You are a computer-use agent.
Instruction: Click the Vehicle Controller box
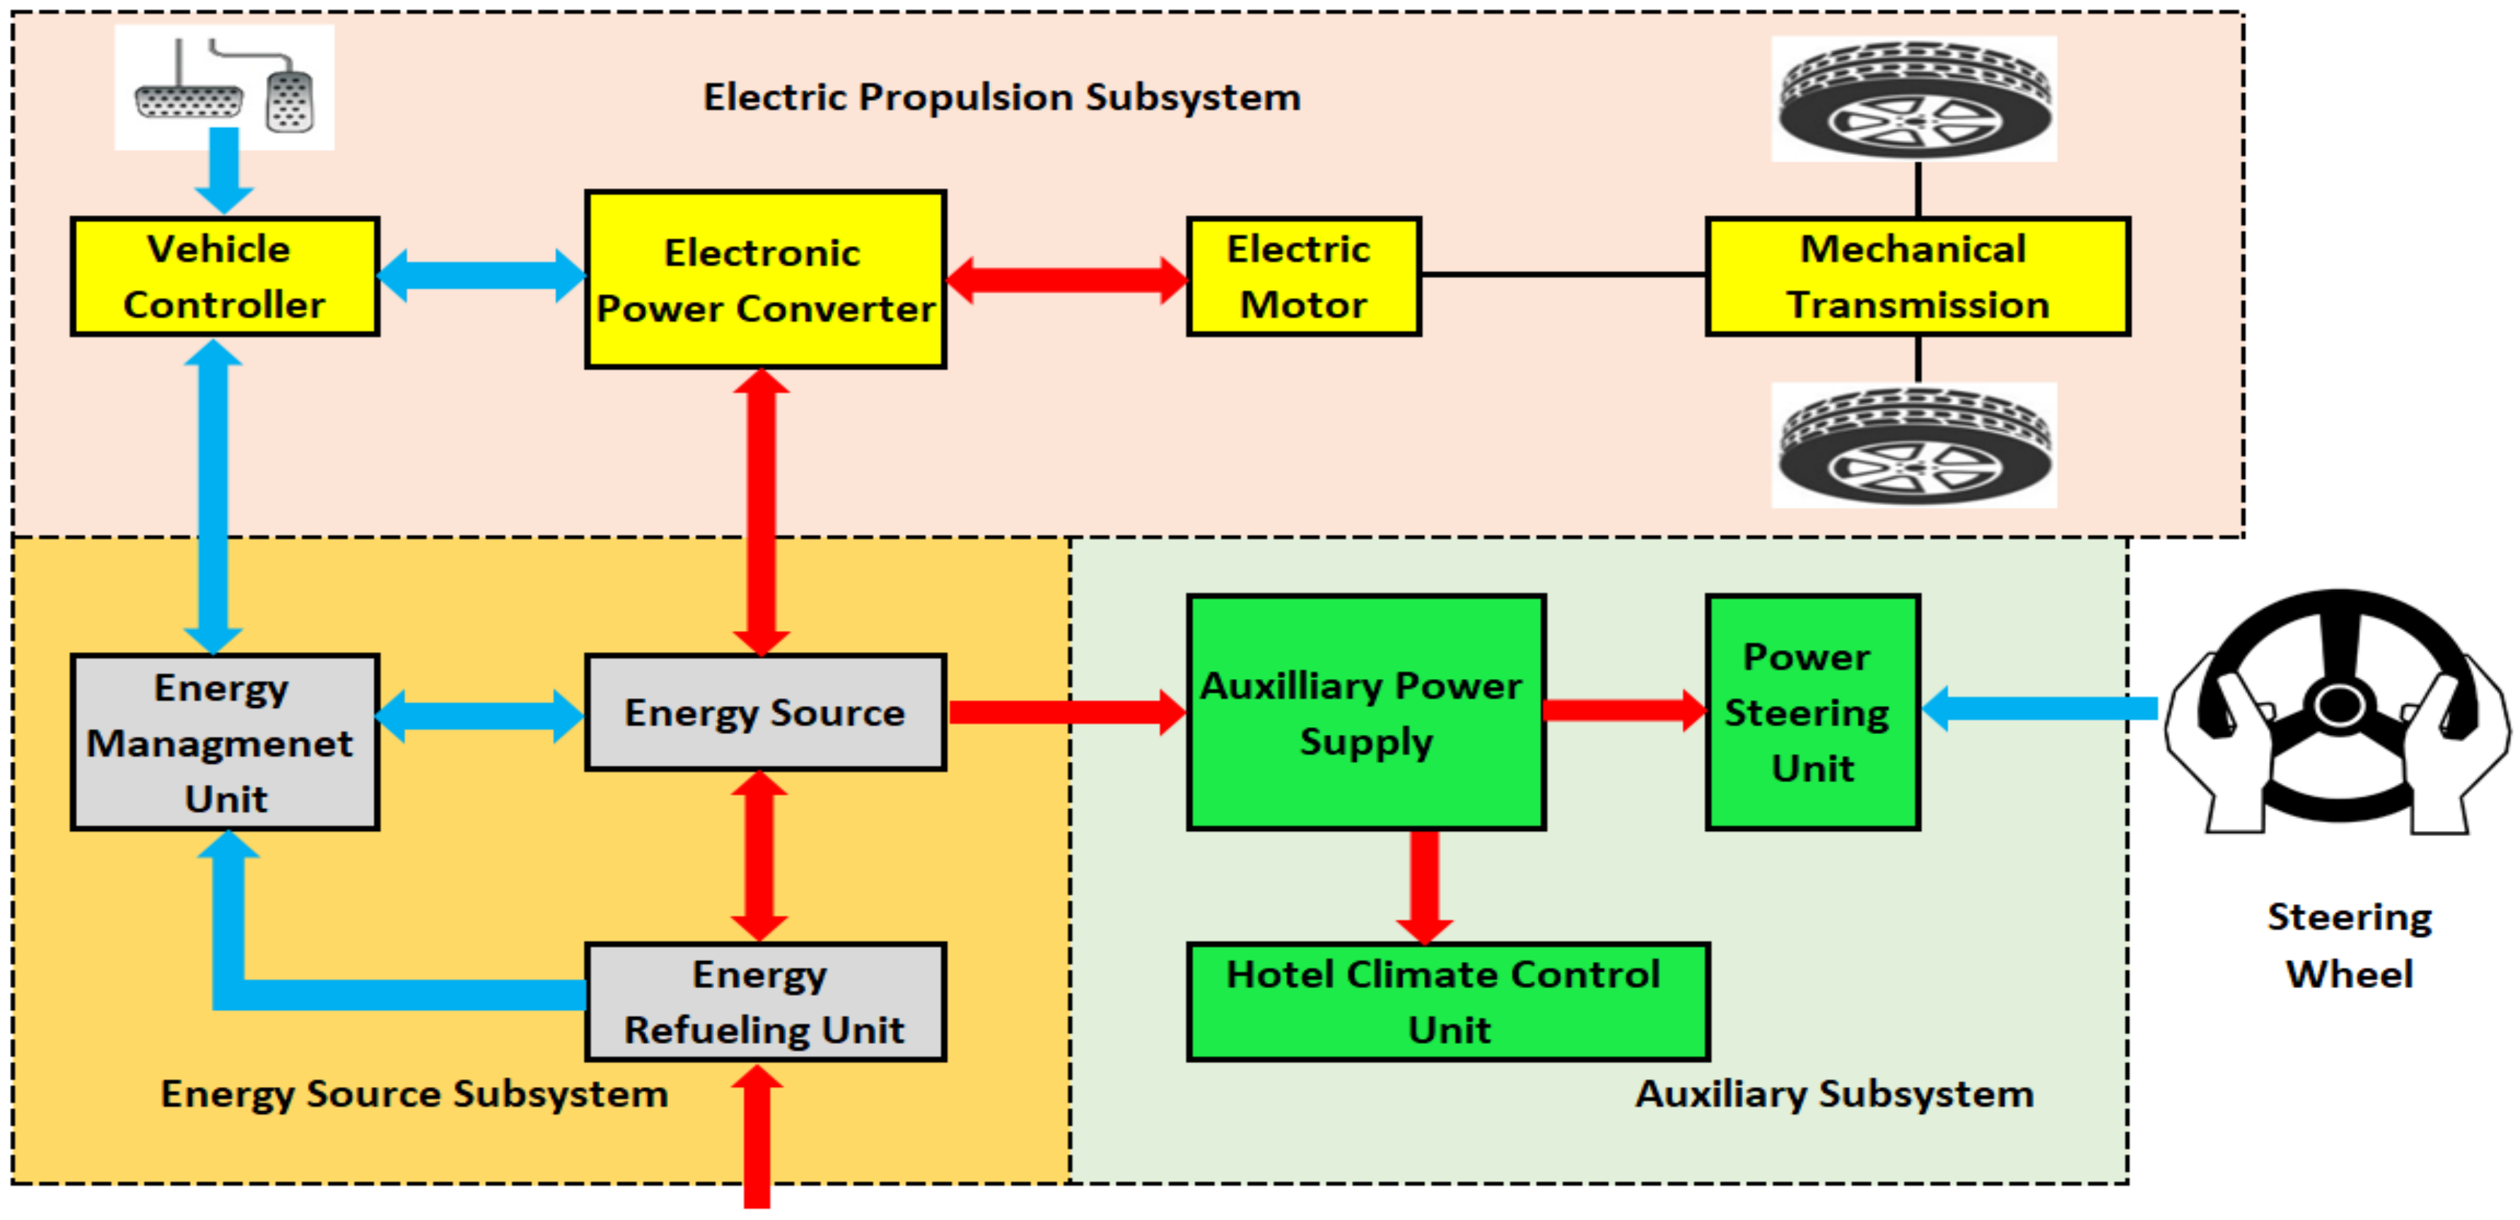coord(224,277)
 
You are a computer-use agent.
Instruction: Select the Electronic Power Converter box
coord(765,280)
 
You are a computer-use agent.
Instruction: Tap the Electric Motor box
coord(1303,277)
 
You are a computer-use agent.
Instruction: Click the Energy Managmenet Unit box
coord(224,743)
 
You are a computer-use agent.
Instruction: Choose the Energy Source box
coord(765,712)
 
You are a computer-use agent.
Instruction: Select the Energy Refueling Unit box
coord(765,1002)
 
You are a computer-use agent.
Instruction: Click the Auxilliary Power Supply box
coord(1365,712)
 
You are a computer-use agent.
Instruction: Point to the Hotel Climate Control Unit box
coord(1448,1002)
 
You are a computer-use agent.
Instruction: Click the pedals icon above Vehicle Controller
coord(224,88)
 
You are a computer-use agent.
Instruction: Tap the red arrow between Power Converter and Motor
coord(1066,280)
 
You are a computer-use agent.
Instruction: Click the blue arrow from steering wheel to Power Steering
coord(2040,709)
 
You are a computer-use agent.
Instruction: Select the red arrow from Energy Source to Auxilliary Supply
coord(1066,712)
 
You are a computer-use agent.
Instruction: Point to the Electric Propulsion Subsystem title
coord(1002,97)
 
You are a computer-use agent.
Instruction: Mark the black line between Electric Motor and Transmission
coord(1563,275)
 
